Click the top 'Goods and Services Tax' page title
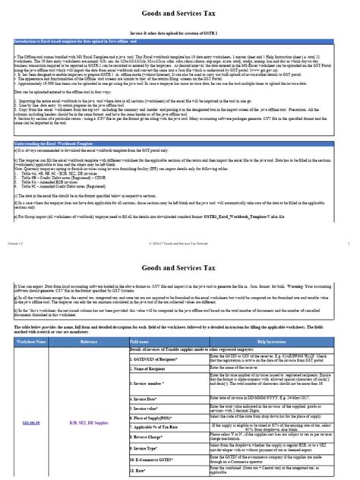coord(179,14)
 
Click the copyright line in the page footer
coord(180,223)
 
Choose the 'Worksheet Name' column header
coord(30,343)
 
